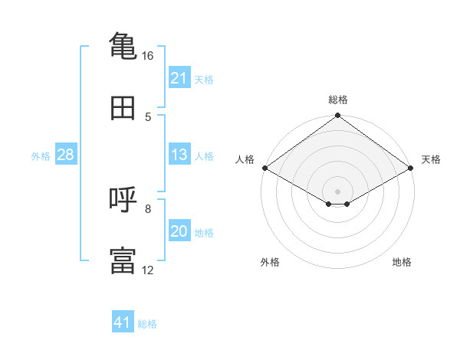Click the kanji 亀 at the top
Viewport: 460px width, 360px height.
pyautogui.click(x=123, y=46)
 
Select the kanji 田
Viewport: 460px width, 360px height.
pyautogui.click(x=123, y=108)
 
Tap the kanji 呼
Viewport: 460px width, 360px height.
pyautogui.click(x=123, y=199)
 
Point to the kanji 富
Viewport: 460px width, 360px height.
pyautogui.click(x=123, y=260)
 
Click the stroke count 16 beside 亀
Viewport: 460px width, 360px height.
pyautogui.click(x=147, y=56)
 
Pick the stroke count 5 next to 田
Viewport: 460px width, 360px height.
pyautogui.click(x=148, y=117)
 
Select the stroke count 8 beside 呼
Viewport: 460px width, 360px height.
pyautogui.click(x=148, y=209)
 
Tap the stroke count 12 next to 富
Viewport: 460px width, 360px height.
pyautogui.click(x=147, y=270)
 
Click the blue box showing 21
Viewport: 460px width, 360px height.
pyautogui.click(x=179, y=77)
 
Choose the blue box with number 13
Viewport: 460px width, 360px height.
pyautogui.click(x=179, y=154)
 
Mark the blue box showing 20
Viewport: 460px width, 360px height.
pyautogui.click(x=179, y=230)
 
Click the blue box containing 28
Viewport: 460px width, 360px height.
pyautogui.click(x=66, y=154)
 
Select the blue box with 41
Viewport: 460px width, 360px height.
pyautogui.click(x=123, y=321)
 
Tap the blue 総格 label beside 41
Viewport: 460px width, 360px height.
pyautogui.click(x=147, y=324)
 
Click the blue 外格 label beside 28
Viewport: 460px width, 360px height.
pyautogui.click(x=41, y=156)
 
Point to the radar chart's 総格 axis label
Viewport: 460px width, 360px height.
pyautogui.click(x=338, y=100)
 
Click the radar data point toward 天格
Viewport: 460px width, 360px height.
pyautogui.click(x=411, y=168)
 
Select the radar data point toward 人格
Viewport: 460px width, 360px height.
pyautogui.click(x=265, y=168)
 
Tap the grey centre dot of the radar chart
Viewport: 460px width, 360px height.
pyautogui.click(x=337, y=191)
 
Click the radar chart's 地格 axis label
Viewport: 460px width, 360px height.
pyautogui.click(x=402, y=262)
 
